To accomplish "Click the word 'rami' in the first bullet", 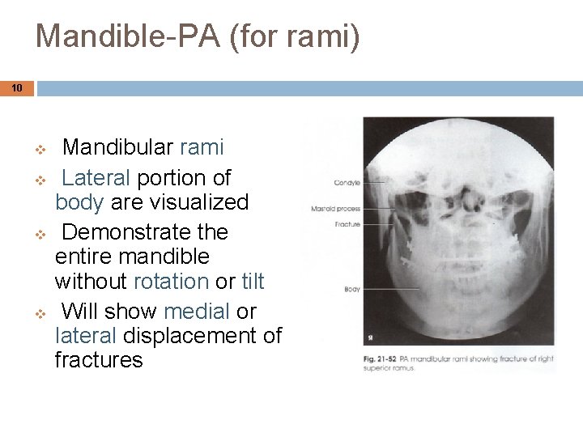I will (x=202, y=147).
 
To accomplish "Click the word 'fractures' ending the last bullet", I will (x=99, y=359).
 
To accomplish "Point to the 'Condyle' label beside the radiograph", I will (x=347, y=183).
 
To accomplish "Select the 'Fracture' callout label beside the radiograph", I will (x=350, y=223).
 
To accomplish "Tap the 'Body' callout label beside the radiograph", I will (x=352, y=289).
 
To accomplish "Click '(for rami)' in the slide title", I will (x=289, y=36).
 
